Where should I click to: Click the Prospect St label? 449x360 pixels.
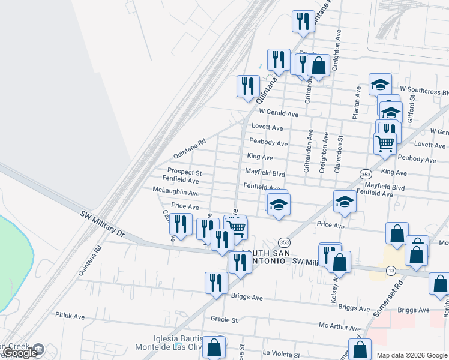click(x=184, y=172)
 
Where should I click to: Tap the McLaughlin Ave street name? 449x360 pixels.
click(x=176, y=193)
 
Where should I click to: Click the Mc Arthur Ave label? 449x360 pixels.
click(x=340, y=328)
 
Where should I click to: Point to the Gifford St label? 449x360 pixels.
click(x=411, y=105)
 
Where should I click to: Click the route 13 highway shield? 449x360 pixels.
click(x=391, y=271)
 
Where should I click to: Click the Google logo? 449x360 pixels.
click(x=20, y=353)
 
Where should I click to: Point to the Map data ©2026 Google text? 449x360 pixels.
click(x=411, y=355)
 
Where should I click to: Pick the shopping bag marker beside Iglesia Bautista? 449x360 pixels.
click(x=214, y=347)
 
